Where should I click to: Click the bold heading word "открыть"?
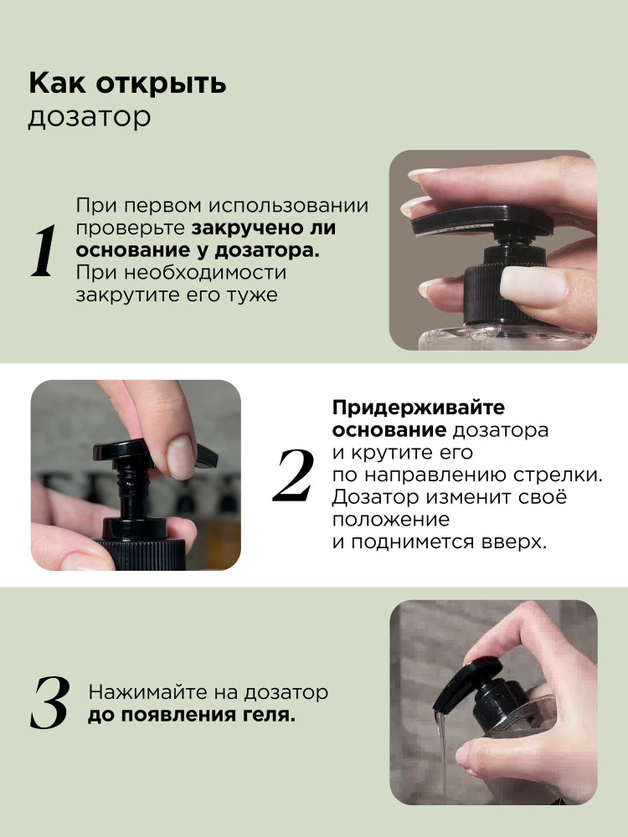tap(162, 85)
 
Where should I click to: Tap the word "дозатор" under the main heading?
tap(90, 117)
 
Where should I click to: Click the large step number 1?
tap(44, 250)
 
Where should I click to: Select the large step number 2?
tap(293, 475)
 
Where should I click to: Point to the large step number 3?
tap(50, 702)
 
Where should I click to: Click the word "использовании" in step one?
tap(288, 206)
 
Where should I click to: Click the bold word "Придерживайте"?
tap(418, 408)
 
